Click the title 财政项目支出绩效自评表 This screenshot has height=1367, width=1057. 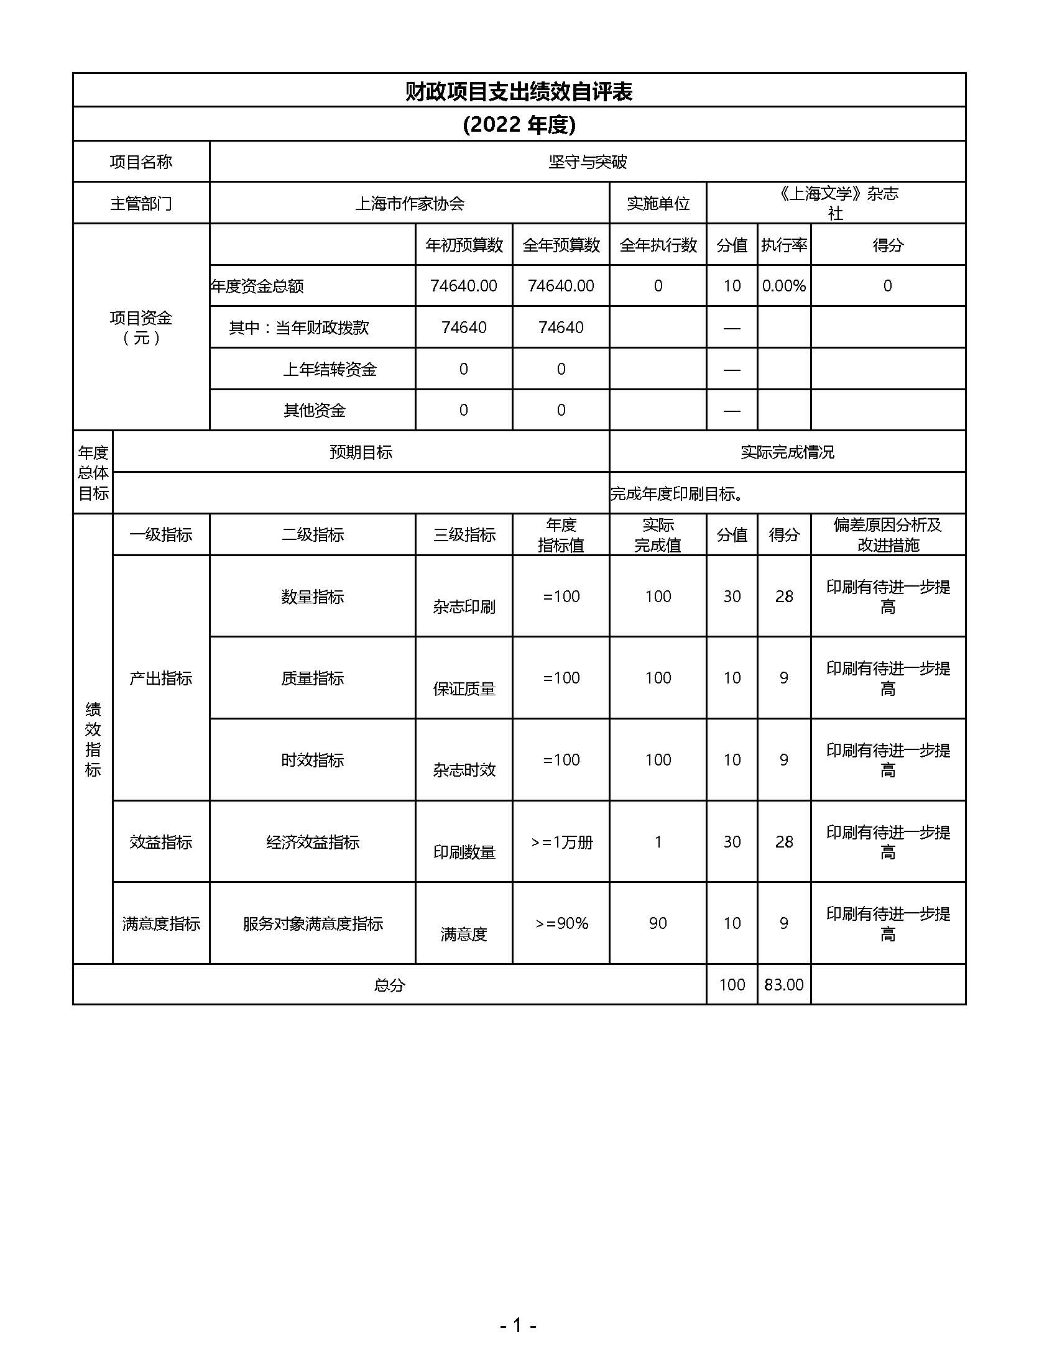[519, 92]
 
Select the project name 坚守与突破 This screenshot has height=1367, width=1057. [588, 162]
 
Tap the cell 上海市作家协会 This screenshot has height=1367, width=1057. [410, 203]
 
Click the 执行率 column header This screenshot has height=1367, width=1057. [783, 245]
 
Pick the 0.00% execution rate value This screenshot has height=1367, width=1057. [783, 286]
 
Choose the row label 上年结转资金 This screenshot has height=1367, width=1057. [330, 369]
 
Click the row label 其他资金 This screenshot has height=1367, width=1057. [315, 411]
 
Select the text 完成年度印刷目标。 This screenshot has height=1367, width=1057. [677, 494]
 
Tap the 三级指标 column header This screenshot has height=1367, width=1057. [464, 535]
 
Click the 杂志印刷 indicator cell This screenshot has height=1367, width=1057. [464, 606]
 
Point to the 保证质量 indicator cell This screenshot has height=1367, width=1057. [464, 689]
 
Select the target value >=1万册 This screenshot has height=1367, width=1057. [561, 843]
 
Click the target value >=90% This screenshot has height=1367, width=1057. [561, 924]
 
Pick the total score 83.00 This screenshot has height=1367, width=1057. [783, 985]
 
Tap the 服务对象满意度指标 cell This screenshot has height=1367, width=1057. [313, 924]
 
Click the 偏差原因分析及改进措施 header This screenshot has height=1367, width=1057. [887, 535]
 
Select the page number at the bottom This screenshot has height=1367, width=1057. [518, 1325]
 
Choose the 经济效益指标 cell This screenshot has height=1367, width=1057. [313, 843]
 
